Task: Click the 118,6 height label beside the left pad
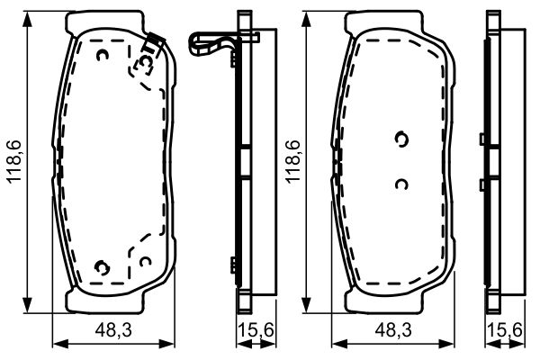tap(14, 161)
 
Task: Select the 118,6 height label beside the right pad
tap(292, 161)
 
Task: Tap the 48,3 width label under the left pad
tap(113, 330)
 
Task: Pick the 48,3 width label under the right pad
tap(393, 330)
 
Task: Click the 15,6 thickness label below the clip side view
tap(256, 330)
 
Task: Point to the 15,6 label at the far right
tap(506, 330)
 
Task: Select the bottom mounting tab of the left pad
tap(104, 302)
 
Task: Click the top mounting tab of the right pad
tap(384, 22)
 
